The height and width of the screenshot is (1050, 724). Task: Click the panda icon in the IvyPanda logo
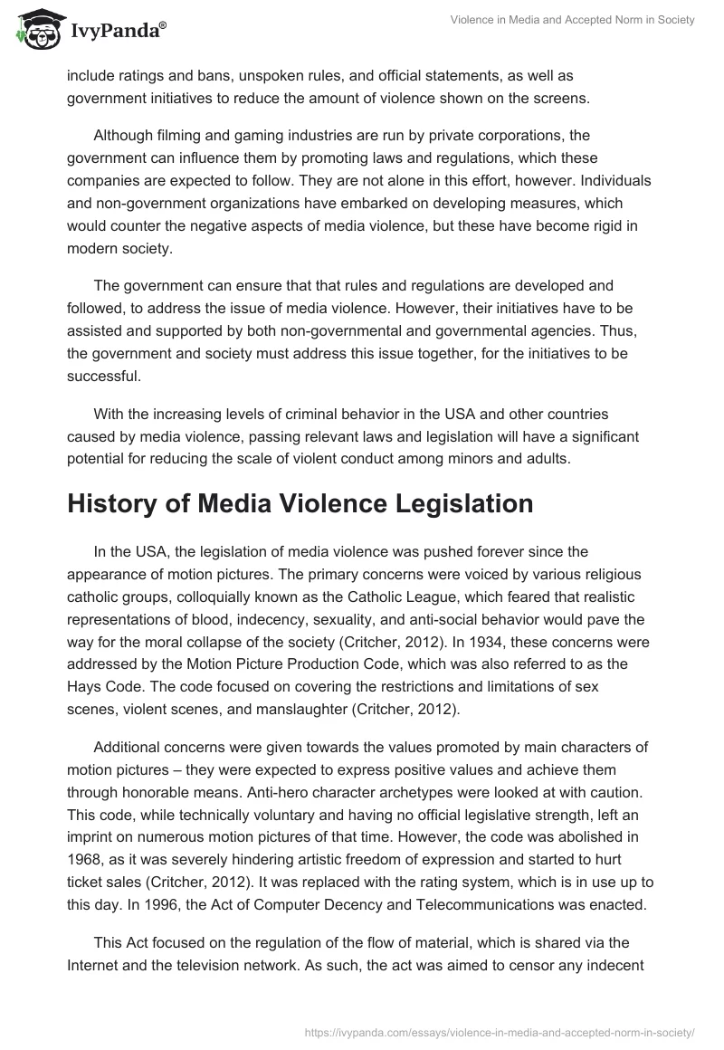tap(35, 31)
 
